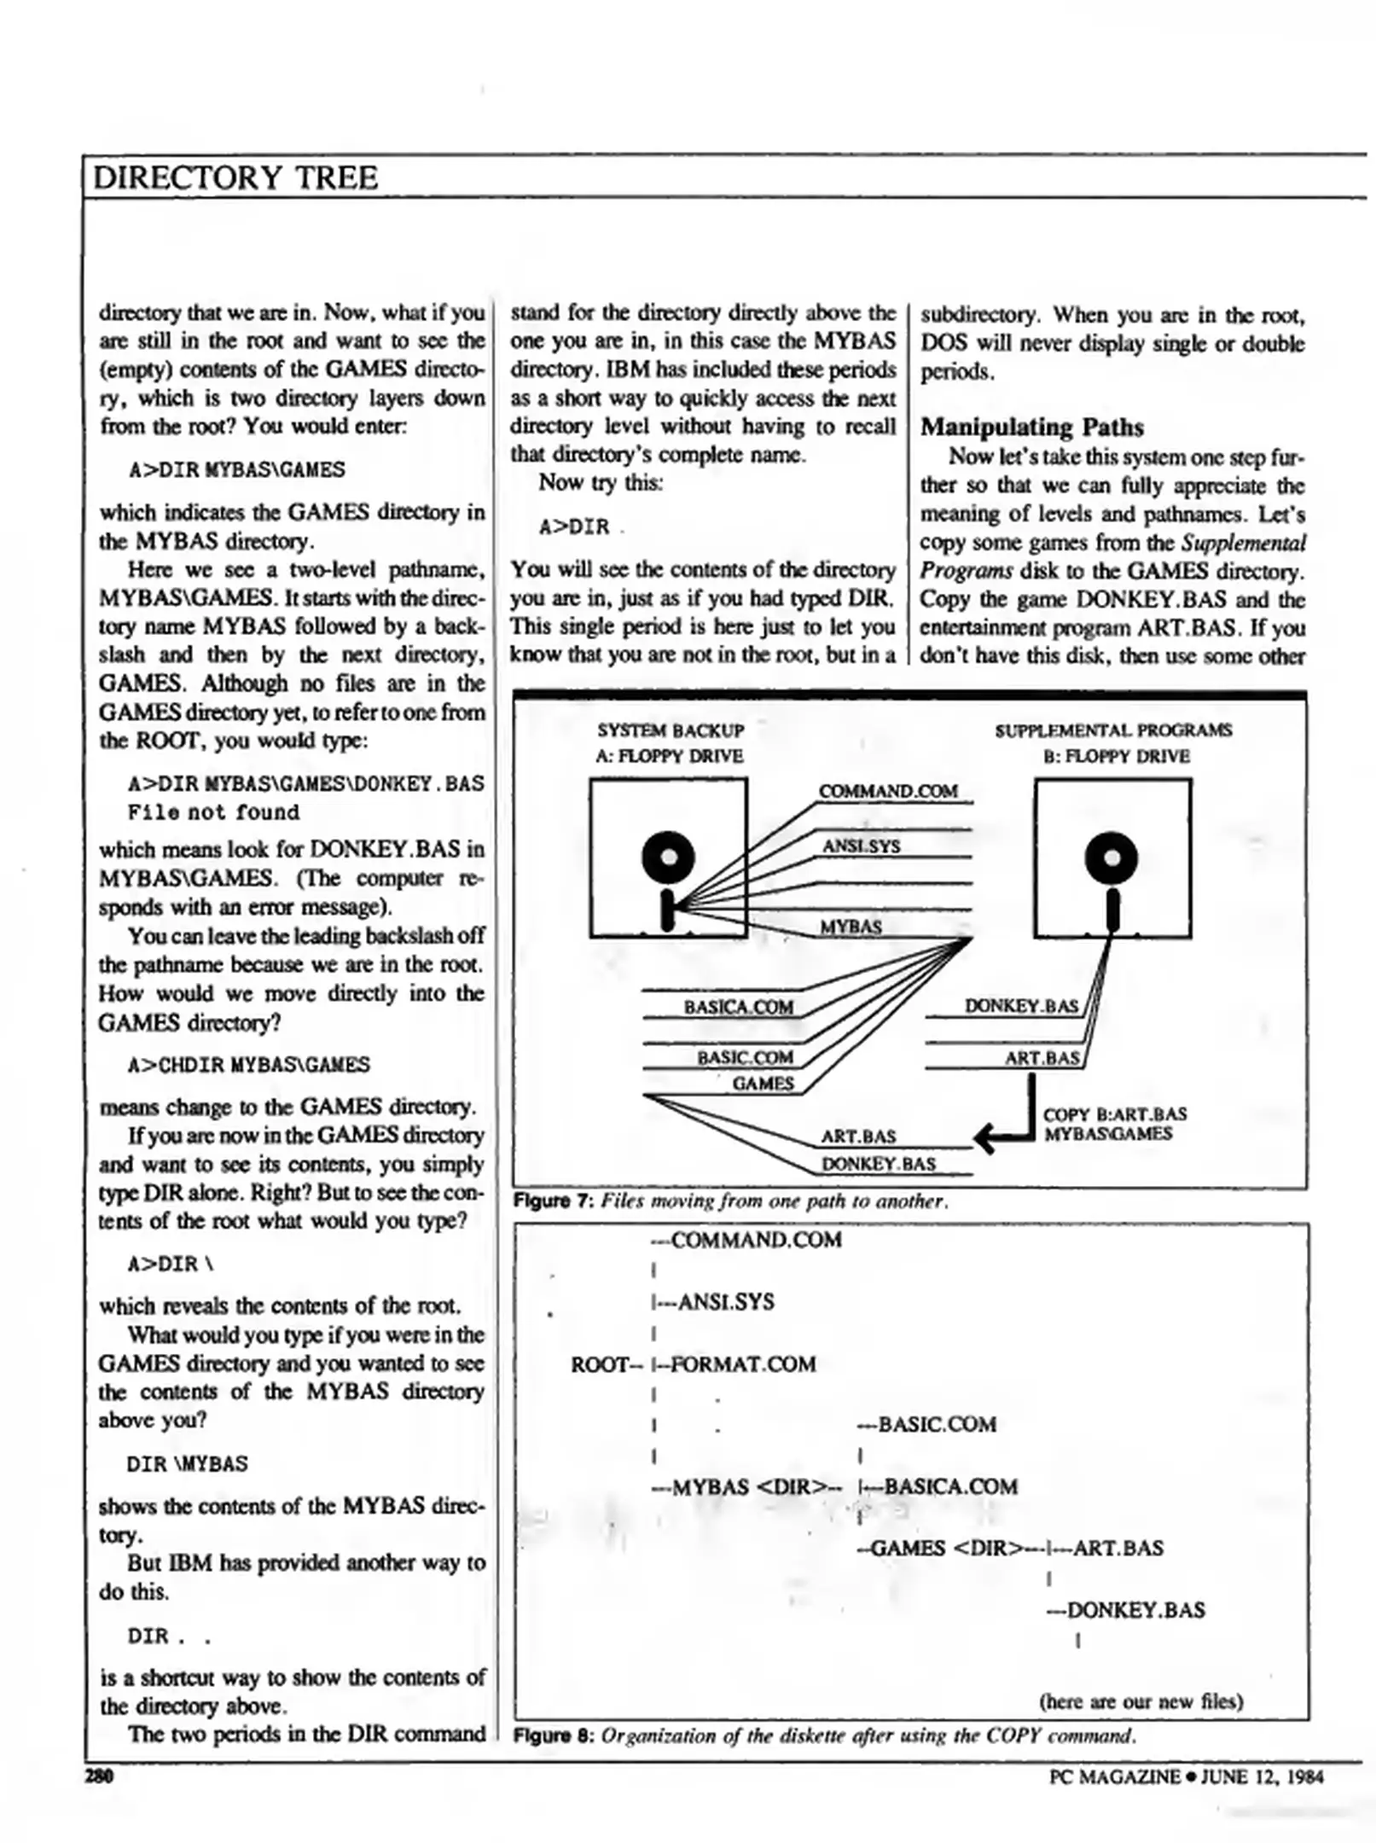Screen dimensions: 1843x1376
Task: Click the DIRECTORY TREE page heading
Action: (235, 177)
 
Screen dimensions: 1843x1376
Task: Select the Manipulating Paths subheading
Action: (1031, 427)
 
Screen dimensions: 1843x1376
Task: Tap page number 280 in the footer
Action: (99, 1776)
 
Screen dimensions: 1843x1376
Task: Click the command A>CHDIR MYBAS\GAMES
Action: (248, 1064)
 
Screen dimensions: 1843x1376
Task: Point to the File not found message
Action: (213, 811)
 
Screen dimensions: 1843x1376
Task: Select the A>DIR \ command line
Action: (169, 1263)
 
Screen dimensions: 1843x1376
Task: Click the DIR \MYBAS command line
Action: (187, 1463)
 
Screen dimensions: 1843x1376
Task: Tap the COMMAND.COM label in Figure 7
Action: (887, 791)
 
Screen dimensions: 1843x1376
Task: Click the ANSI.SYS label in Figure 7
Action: (861, 846)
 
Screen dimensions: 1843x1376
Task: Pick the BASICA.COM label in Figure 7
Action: (738, 1007)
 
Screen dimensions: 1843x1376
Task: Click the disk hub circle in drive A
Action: (668, 857)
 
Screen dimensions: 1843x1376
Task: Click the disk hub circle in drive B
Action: (1111, 857)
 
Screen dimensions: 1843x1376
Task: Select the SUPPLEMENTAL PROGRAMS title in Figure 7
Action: (1112, 730)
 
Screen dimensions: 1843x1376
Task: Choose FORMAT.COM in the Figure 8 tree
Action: (743, 1364)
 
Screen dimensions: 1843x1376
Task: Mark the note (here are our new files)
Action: (1141, 1701)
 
